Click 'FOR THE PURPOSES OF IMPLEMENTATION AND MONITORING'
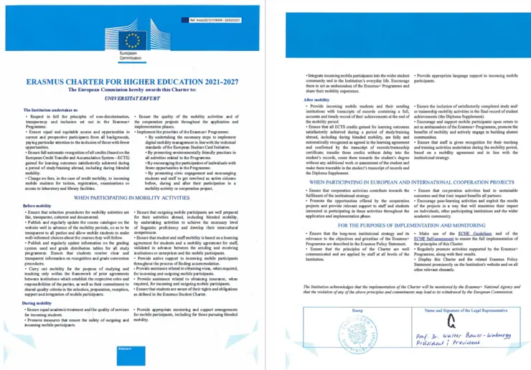coord(404,225)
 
